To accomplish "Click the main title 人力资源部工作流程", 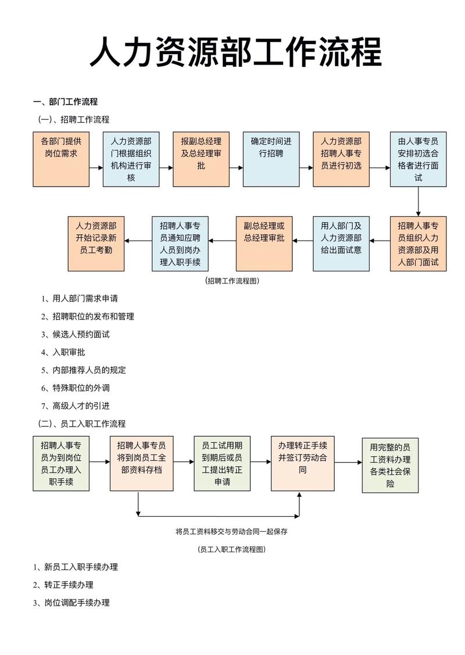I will pos(235,52).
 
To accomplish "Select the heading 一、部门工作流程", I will pos(65,102).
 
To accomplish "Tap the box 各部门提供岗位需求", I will pos(61,159).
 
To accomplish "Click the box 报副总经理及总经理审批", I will pos(201,159).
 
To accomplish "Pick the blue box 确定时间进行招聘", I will pos(271,159).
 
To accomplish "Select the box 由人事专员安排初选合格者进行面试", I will pos(418,159).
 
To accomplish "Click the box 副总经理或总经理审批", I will pos(264,244).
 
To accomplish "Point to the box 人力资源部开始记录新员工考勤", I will pos(96,244).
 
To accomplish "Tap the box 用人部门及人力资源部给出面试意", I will pos(341,244).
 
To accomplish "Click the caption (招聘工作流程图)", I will pos(232,281).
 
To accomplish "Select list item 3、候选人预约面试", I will pos(75,334).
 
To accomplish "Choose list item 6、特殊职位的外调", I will pos(75,388).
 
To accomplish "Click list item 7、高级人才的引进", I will pos(75,406).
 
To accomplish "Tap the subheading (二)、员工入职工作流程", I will pos(81,424).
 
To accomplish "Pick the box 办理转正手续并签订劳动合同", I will pos(302,463).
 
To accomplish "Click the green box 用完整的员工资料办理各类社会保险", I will pos(390,465).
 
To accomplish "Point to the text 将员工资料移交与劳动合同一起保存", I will pos(232,531).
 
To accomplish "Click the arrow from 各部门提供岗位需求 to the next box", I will pos(96,167).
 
